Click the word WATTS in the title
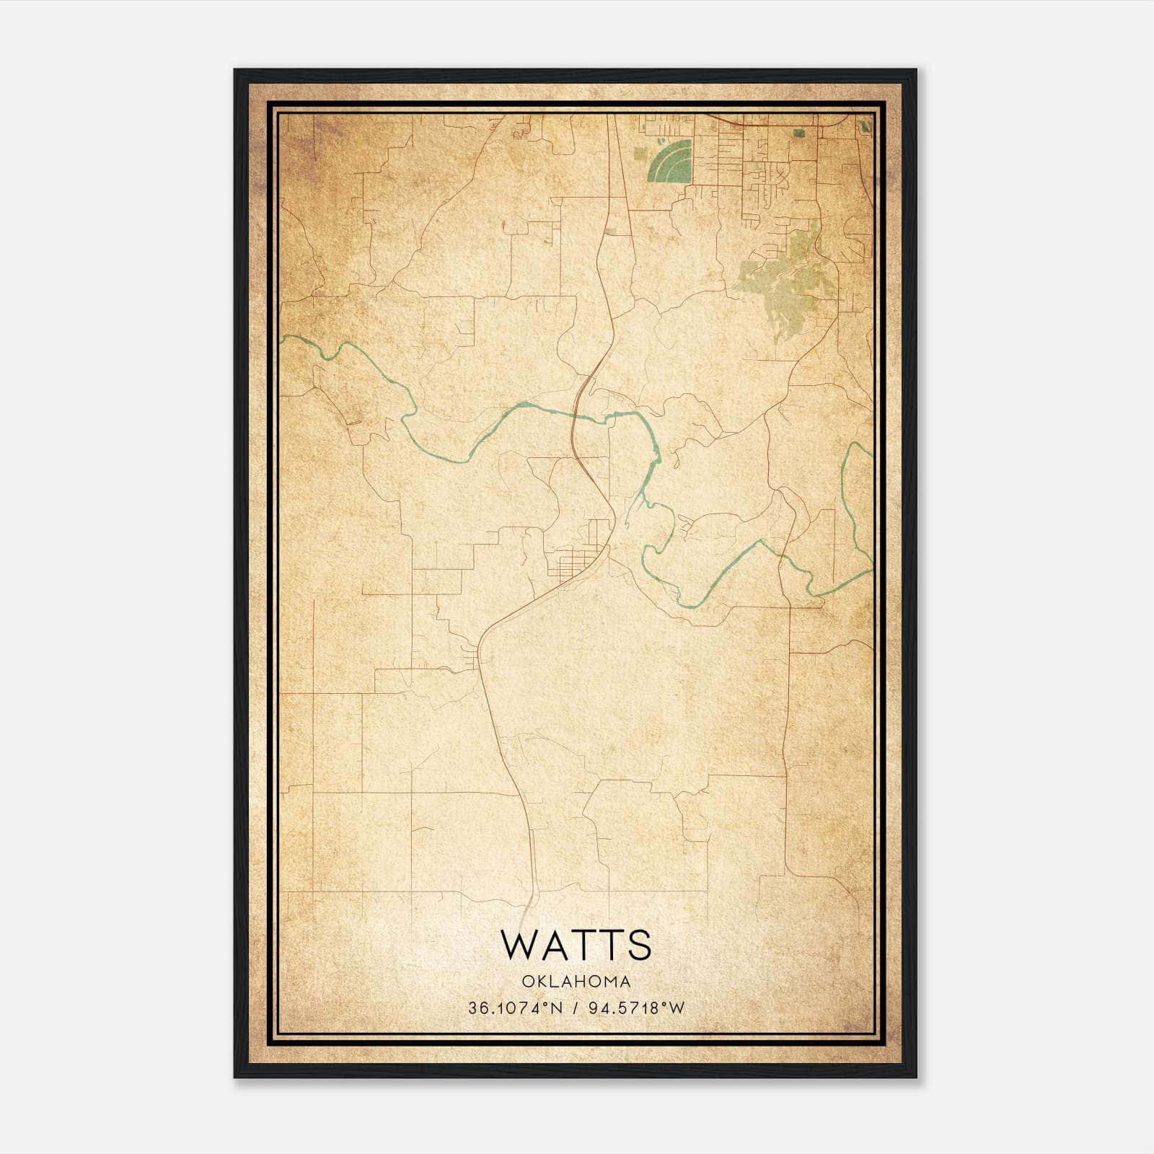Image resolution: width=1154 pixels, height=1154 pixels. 576,945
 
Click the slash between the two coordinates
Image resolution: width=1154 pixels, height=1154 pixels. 576,1008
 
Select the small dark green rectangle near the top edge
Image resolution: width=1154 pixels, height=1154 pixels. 798,133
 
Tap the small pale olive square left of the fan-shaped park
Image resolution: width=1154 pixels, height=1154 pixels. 612,232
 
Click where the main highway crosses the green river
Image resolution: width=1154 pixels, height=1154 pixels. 574,413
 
